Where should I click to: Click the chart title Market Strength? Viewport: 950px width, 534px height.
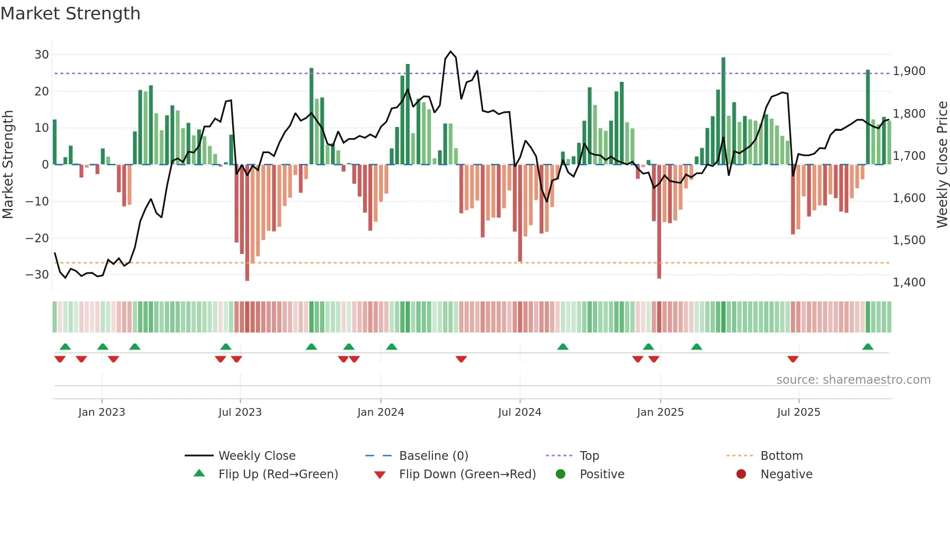point(70,14)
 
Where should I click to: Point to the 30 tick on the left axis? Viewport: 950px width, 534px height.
point(42,55)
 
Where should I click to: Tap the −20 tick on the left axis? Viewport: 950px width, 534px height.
point(37,238)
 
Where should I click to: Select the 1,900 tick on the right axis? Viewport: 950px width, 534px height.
point(909,71)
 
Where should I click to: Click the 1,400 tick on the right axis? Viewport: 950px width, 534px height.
point(909,282)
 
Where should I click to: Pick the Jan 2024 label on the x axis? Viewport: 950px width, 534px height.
point(380,412)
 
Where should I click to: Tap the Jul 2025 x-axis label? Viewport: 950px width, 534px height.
point(798,412)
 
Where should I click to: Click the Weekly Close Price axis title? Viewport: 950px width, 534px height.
point(942,165)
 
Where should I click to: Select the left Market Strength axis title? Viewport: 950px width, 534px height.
point(8,165)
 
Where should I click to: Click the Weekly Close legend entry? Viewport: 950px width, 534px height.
point(256,456)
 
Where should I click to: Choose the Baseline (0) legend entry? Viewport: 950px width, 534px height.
point(433,456)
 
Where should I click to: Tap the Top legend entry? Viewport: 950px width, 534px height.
point(589,456)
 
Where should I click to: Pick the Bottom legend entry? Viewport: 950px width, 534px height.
point(781,456)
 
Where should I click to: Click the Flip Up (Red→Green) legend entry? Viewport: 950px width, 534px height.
point(278,474)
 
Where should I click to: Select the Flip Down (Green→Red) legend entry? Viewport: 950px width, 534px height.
point(467,474)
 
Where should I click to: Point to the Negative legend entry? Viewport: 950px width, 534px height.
point(786,474)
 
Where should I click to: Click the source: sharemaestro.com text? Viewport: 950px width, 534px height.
point(853,380)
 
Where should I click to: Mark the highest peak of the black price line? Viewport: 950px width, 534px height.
point(451,51)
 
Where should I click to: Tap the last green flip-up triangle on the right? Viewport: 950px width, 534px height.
point(868,346)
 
